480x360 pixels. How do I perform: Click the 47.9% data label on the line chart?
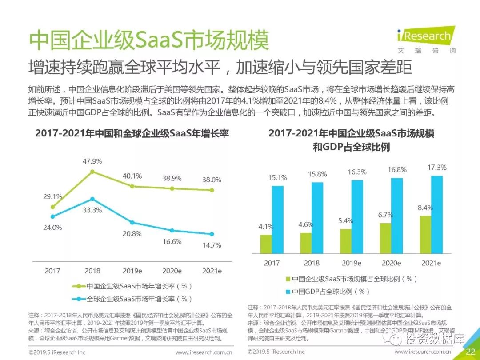pos(92,161)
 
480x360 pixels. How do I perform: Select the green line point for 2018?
pos(92,172)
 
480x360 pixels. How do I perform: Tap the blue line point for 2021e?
pos(212,234)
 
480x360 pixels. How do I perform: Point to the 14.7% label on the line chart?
pos(212,245)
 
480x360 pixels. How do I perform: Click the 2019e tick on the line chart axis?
pos(132,271)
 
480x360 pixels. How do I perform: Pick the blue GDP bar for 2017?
pos(277,220)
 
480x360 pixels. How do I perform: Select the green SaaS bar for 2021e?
pos(426,234)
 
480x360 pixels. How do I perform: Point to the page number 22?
pos(471,352)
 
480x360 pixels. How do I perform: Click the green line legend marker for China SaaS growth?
pos(80,286)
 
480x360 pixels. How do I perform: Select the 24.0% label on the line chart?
pos(52,227)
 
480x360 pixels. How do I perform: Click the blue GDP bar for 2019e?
pos(357,216)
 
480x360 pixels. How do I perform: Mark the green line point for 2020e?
pos(172,188)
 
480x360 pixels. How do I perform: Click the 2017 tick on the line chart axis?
pos(52,271)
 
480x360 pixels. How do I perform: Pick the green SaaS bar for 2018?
pos(306,243)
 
